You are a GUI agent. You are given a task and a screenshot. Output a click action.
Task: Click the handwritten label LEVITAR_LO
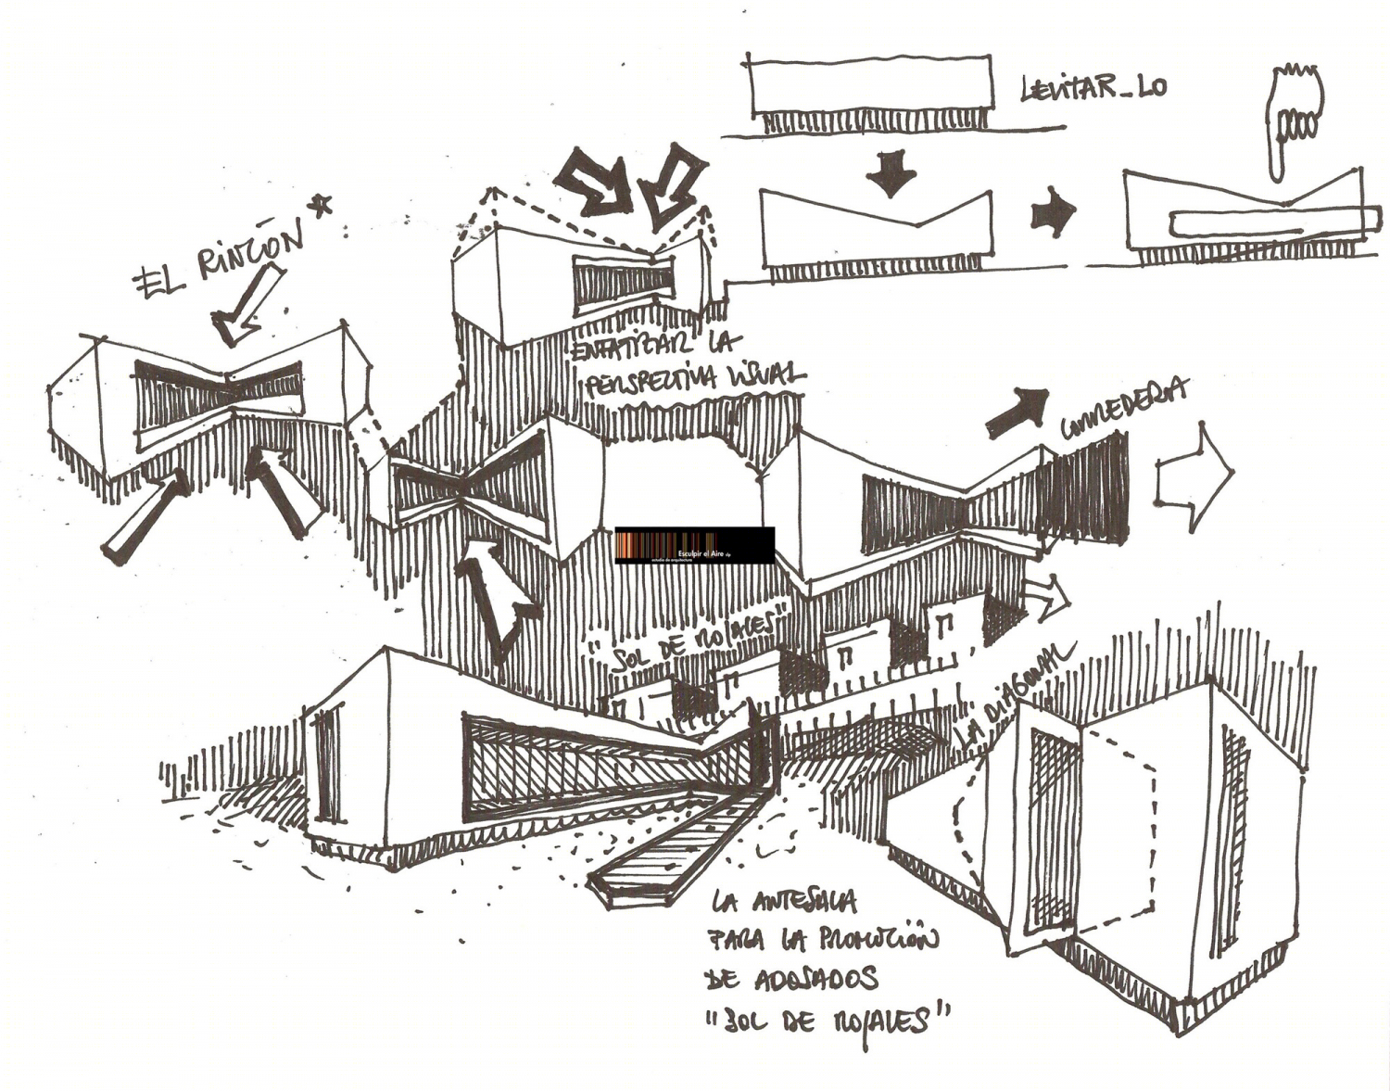(x=1093, y=88)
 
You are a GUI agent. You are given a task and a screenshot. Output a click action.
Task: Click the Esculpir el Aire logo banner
(x=694, y=545)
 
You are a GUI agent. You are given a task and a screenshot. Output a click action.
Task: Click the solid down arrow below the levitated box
(x=891, y=173)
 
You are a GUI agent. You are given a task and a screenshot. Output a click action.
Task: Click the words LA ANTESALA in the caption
(x=785, y=902)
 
